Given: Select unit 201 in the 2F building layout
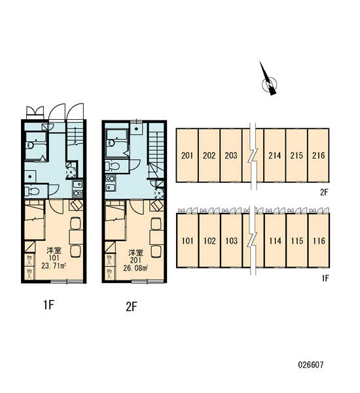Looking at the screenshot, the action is pyautogui.click(x=187, y=155).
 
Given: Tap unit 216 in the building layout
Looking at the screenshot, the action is pyautogui.click(x=318, y=155).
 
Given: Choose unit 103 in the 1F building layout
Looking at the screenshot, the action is pyautogui.click(x=231, y=241).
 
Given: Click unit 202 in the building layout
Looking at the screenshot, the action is pyautogui.click(x=209, y=155).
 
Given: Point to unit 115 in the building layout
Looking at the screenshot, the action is pyautogui.click(x=297, y=241).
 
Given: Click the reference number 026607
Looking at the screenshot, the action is pyautogui.click(x=311, y=364).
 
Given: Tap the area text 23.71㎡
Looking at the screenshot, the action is pyautogui.click(x=54, y=266).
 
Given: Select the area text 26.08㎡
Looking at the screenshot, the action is pyautogui.click(x=135, y=268).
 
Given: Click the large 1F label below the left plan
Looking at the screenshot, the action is pyautogui.click(x=48, y=305).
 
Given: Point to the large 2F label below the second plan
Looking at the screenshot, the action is pyautogui.click(x=132, y=307).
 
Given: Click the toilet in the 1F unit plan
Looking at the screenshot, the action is pyautogui.click(x=32, y=192).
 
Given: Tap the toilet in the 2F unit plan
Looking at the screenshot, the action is pyautogui.click(x=113, y=166).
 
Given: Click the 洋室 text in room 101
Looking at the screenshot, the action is pyautogui.click(x=54, y=250).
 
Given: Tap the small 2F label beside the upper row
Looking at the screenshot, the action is pyautogui.click(x=324, y=192).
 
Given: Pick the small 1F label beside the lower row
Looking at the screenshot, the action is pyautogui.click(x=325, y=278).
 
